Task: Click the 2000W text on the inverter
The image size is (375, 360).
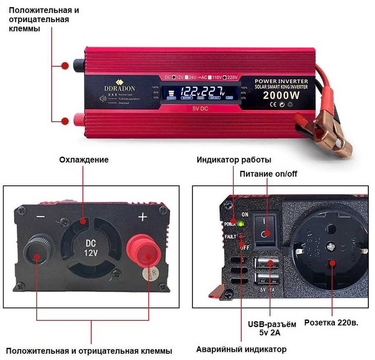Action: tap(281, 96)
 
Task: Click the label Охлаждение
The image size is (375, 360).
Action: tap(84, 159)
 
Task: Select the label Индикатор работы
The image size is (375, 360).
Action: tap(234, 159)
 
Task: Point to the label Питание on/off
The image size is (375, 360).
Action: tap(269, 174)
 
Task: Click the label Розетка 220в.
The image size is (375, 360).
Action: tap(331, 323)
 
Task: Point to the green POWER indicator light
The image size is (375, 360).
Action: tap(240, 224)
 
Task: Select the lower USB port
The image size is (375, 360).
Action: tap(266, 281)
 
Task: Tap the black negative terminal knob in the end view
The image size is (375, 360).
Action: tap(37, 251)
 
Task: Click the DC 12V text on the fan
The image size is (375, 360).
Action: tap(90, 247)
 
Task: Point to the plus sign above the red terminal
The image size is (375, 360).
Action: tap(142, 217)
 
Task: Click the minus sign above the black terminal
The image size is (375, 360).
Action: tap(41, 217)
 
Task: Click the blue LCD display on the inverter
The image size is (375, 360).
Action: tap(197, 93)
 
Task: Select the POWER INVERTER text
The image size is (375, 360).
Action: tap(281, 81)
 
